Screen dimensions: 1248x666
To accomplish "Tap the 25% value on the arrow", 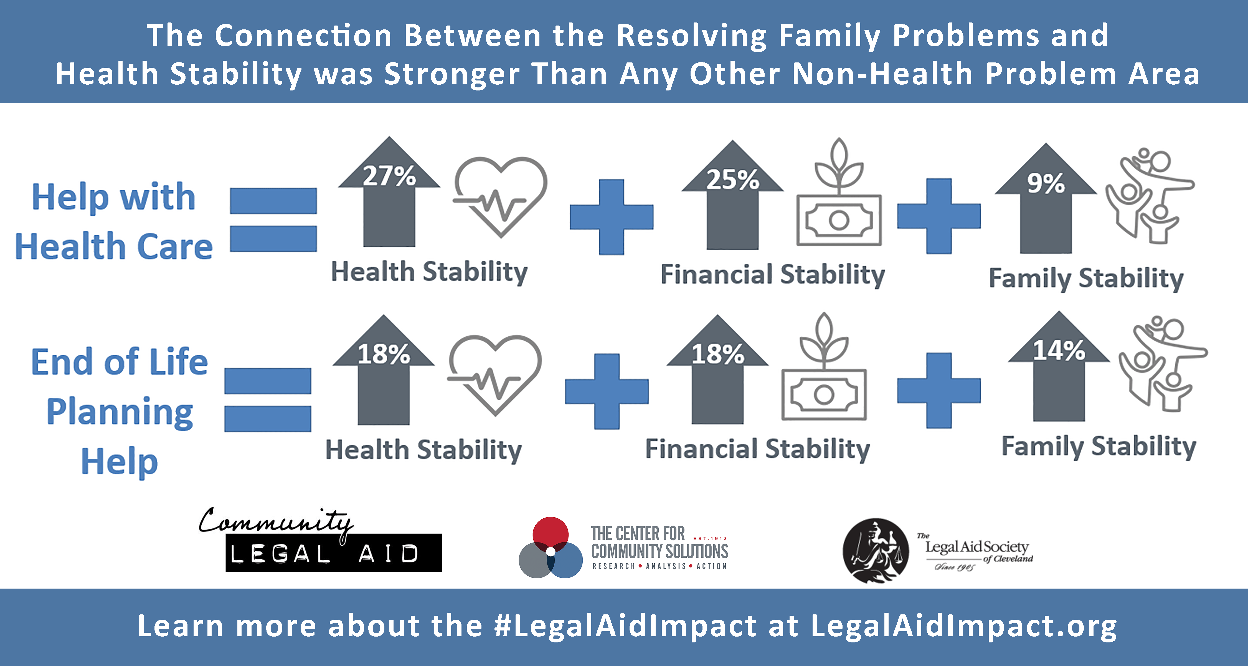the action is point(732,180).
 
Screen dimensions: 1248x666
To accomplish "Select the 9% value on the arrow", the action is point(1046,183).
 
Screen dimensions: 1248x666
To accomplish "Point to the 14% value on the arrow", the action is point(1059,350).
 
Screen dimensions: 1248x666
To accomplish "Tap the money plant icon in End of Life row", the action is point(824,367).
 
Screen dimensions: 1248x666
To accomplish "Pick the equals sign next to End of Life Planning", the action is point(267,400).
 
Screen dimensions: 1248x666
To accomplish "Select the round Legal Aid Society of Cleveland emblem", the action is point(876,550).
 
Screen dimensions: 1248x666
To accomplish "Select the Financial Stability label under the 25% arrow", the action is point(773,275).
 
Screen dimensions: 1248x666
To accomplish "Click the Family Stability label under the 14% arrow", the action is point(1099,446).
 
